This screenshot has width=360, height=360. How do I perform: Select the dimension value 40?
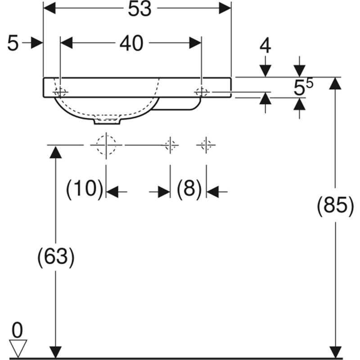click(131, 43)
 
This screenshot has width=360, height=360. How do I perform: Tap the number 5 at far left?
click(13, 43)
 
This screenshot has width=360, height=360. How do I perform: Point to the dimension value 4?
click(265, 46)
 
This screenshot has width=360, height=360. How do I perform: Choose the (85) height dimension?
click(335, 205)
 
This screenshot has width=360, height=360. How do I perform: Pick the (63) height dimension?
click(56, 256)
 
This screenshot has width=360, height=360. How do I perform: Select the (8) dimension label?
click(189, 189)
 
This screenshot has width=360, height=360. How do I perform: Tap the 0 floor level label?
click(17, 330)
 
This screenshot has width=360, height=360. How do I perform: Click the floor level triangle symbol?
click(18, 348)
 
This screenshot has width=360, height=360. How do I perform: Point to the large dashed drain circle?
click(106, 145)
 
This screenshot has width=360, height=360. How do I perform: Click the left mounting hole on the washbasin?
click(60, 93)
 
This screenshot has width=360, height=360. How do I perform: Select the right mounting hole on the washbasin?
click(202, 92)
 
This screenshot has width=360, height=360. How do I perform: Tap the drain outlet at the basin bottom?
click(107, 121)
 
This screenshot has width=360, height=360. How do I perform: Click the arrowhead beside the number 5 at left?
click(37, 43)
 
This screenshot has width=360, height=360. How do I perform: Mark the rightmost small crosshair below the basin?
click(206, 145)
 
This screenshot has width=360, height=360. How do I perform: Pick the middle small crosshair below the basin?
click(170, 145)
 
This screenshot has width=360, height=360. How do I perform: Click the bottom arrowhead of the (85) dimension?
click(335, 352)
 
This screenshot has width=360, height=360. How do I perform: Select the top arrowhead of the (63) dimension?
click(55, 152)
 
